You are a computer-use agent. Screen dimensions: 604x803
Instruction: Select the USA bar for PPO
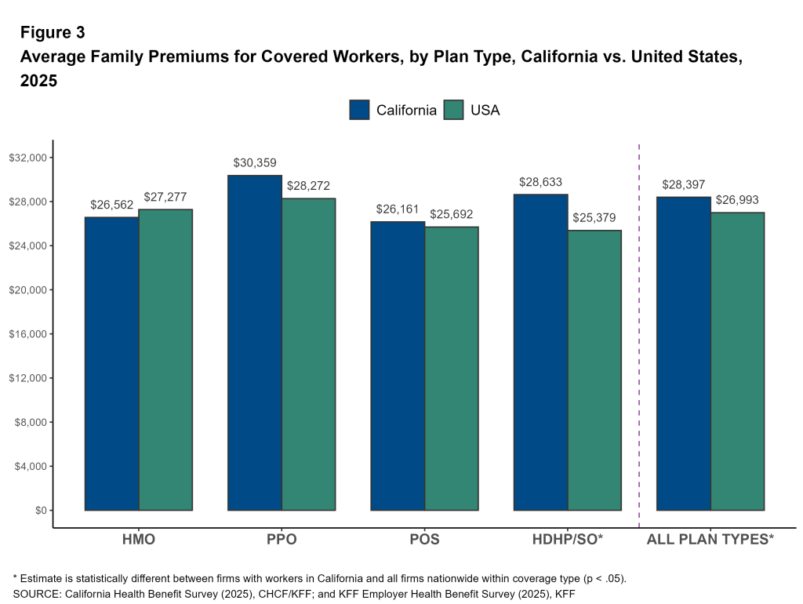(x=309, y=354)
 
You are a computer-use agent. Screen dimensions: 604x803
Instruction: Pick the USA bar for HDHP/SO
(x=594, y=370)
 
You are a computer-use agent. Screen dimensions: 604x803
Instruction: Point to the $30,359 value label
(x=255, y=163)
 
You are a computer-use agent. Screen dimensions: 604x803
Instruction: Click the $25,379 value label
(x=594, y=218)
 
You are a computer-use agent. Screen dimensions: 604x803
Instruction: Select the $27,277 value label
(x=165, y=197)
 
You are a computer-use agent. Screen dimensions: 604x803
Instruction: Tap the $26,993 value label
(x=737, y=200)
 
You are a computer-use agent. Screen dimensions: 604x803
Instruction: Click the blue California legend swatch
(x=360, y=110)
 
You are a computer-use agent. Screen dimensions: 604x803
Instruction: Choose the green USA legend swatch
(x=454, y=110)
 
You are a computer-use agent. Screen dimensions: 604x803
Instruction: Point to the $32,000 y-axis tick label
(x=28, y=158)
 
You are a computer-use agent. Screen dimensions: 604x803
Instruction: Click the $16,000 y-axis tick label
(x=28, y=334)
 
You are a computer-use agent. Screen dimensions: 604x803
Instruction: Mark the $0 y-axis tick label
(x=38, y=510)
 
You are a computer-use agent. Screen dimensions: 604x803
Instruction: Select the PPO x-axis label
(x=282, y=540)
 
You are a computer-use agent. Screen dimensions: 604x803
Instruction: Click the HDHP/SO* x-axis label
(x=568, y=540)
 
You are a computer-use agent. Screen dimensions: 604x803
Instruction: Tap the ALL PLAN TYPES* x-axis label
(x=710, y=540)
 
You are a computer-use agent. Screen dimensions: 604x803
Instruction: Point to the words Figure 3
(x=53, y=33)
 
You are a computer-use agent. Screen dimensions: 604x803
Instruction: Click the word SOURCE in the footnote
(x=35, y=594)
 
